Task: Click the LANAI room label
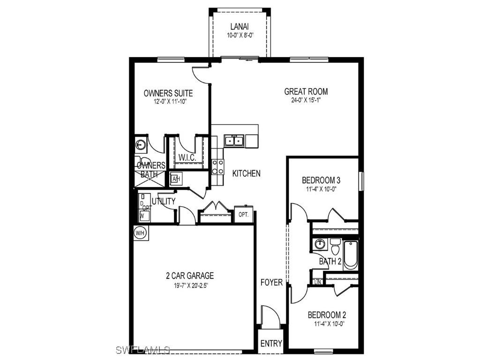click(x=239, y=27)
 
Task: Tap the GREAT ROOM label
click(x=306, y=92)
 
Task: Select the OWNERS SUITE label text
click(x=168, y=93)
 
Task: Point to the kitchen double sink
click(x=233, y=140)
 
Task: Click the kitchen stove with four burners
click(x=218, y=167)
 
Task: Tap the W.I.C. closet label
click(x=187, y=157)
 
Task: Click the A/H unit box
click(x=176, y=179)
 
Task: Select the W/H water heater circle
click(x=140, y=232)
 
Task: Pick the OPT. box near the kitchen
click(x=243, y=214)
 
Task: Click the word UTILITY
click(x=163, y=202)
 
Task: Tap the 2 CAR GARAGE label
click(x=190, y=276)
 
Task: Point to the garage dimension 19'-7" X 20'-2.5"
click(x=190, y=285)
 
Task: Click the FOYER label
click(x=271, y=282)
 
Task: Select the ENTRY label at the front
click(x=271, y=344)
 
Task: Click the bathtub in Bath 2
click(x=351, y=255)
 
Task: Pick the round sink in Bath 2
click(x=320, y=244)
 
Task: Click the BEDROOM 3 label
click(x=321, y=180)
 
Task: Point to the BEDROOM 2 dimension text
click(x=327, y=323)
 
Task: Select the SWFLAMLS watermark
click(x=142, y=350)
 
